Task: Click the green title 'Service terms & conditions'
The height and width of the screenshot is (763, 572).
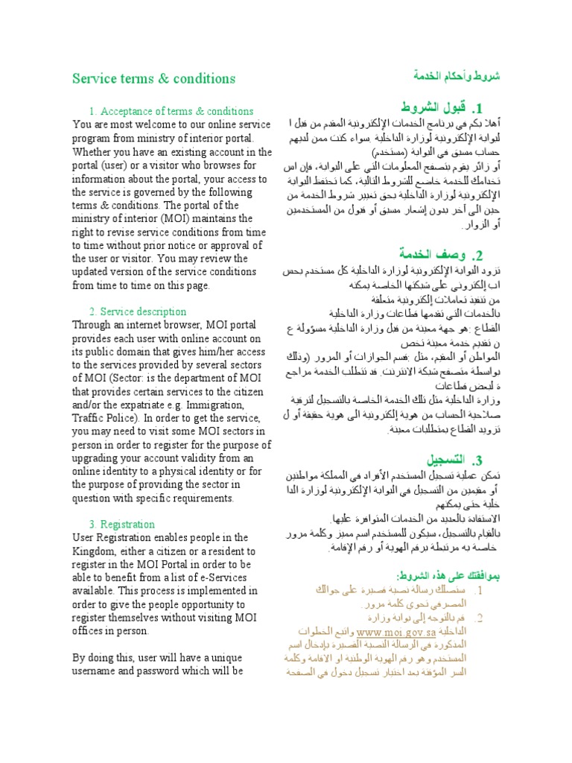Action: pyautogui.click(x=153, y=78)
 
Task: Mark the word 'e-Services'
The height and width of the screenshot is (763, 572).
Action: pyautogui.click(x=213, y=577)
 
